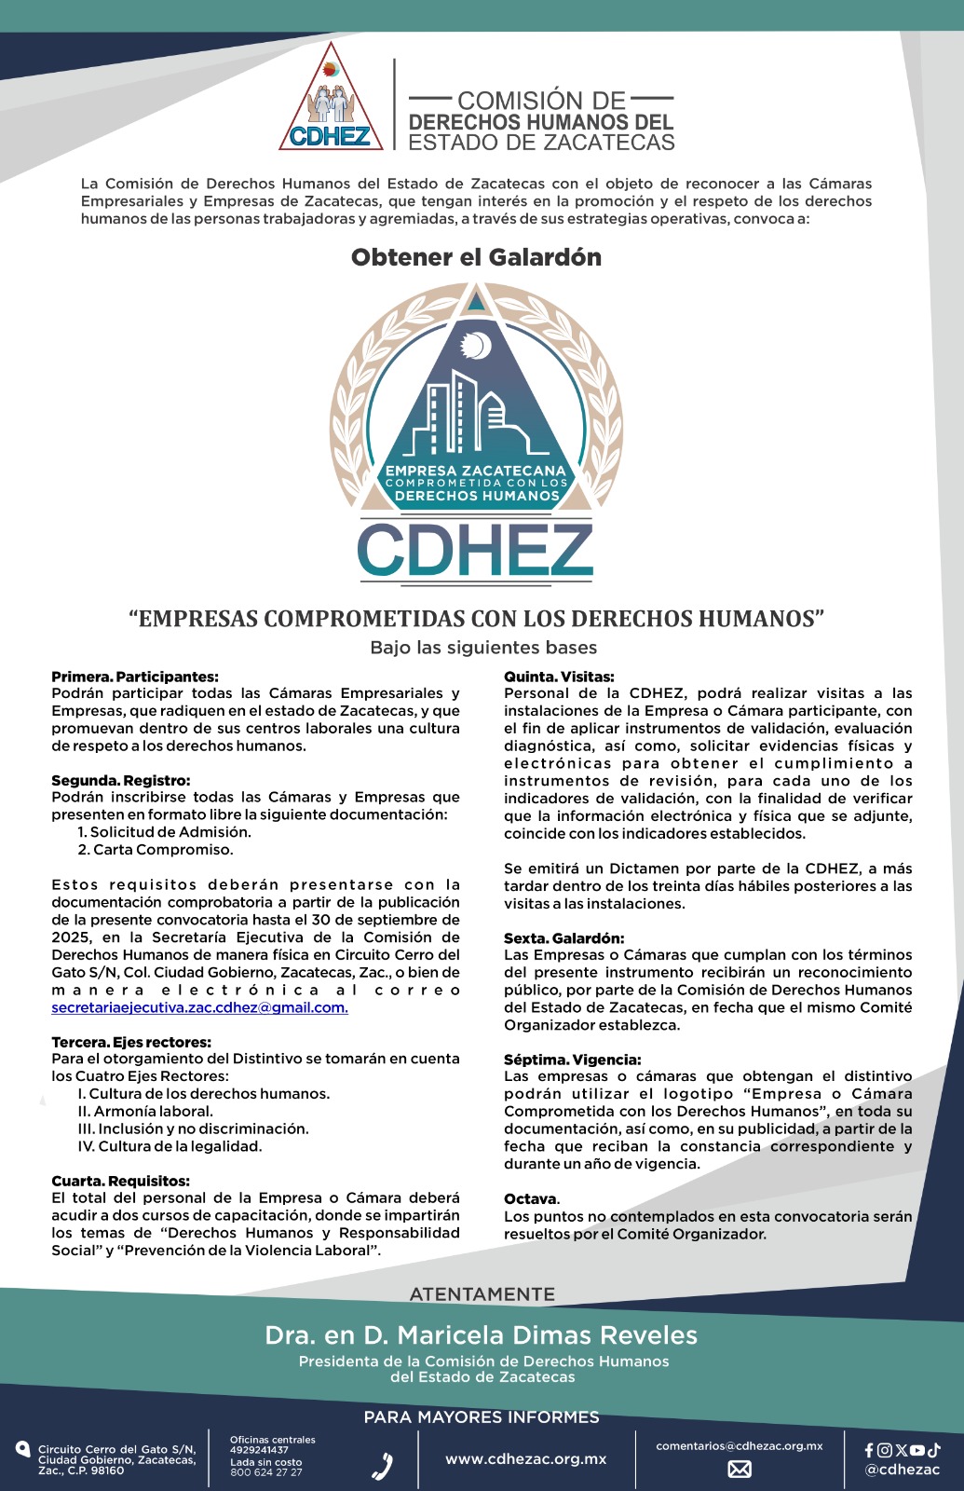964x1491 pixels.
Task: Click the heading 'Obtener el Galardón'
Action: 476,257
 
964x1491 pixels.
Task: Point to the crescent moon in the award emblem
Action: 478,346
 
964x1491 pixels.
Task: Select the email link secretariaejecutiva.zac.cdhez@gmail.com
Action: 199,1007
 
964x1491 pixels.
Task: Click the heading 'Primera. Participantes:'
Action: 135,677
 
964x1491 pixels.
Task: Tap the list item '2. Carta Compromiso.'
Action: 156,849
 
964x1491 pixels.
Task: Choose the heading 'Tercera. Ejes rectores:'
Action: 131,1042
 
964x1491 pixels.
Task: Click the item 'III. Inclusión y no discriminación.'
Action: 193,1129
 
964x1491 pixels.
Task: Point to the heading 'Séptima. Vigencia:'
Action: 572,1060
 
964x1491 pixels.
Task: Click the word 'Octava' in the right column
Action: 531,1198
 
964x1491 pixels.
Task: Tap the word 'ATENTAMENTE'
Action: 482,1294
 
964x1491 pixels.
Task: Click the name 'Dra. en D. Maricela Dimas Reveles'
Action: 482,1335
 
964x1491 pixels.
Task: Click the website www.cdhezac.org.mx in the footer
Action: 526,1459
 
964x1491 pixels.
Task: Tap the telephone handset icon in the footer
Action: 382,1467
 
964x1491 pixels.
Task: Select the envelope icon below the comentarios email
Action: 740,1470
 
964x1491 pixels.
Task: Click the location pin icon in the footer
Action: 23,1449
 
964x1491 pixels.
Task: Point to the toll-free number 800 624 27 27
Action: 265,1472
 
